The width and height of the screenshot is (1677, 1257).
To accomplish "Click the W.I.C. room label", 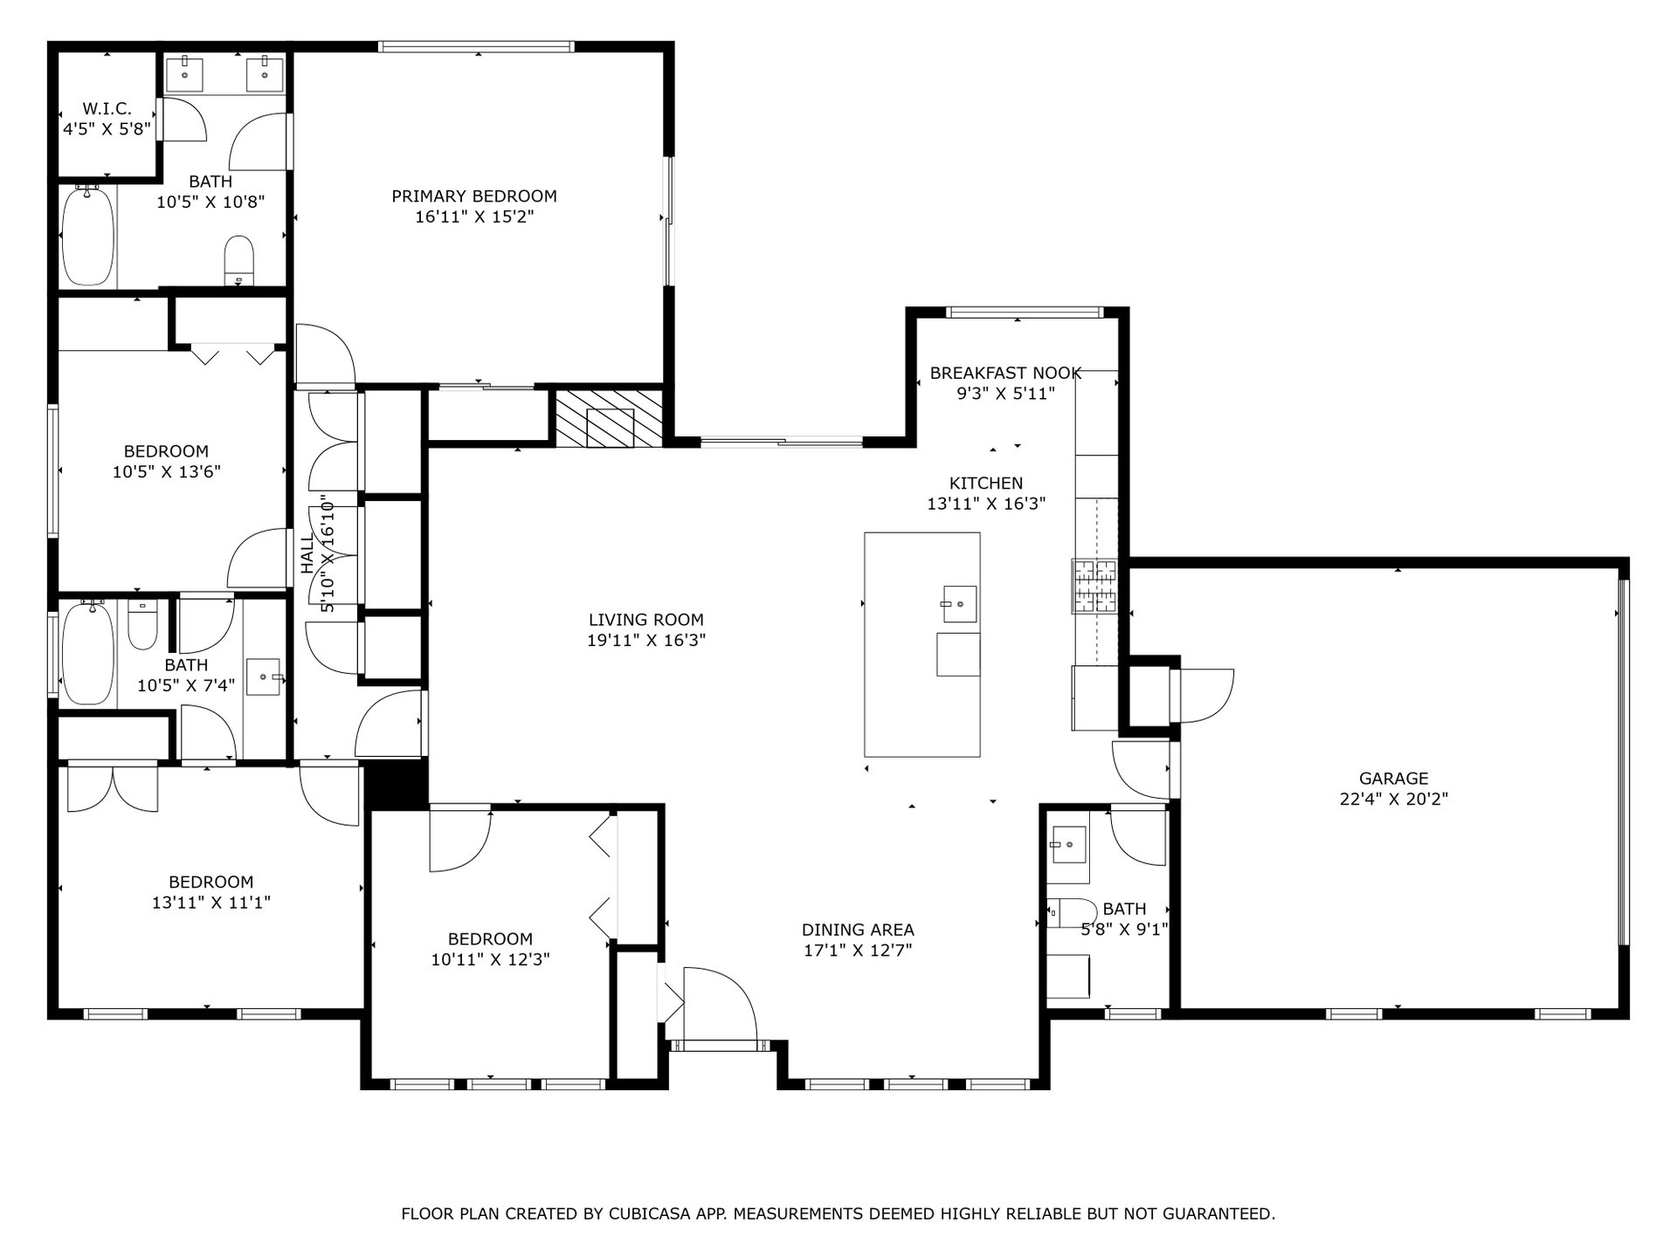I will pos(107,109).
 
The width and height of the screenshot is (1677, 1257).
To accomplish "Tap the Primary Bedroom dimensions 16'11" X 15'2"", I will pos(473,216).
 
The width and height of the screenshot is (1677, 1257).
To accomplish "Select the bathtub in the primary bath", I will pos(87,236).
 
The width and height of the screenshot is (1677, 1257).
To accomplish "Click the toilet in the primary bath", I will pos(238,258).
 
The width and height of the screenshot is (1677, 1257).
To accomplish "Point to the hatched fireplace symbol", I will pos(610,418).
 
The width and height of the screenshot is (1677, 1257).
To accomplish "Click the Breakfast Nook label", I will pos(1005,373).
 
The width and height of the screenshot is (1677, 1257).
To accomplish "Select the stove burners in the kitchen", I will pos(1094,586).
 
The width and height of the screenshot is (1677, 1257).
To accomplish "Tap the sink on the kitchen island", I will pos(959,604).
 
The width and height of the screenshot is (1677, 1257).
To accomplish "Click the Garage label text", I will pos(1393,778).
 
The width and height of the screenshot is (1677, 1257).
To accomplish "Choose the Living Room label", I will pos(645,620).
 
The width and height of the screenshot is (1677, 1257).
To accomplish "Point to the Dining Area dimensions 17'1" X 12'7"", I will pos(858,950).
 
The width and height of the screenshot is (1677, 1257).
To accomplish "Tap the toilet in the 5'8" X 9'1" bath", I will pos(1071,913).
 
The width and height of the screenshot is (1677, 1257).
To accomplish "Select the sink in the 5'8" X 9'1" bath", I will pos(1067,844).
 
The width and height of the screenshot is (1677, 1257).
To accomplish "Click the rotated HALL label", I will pos(307,554).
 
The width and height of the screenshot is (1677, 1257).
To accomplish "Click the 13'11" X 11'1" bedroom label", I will pos(210,882).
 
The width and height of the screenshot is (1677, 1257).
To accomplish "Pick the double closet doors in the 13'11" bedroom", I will pos(113,787).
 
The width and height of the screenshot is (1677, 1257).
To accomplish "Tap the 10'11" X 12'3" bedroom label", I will pos(490,939).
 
